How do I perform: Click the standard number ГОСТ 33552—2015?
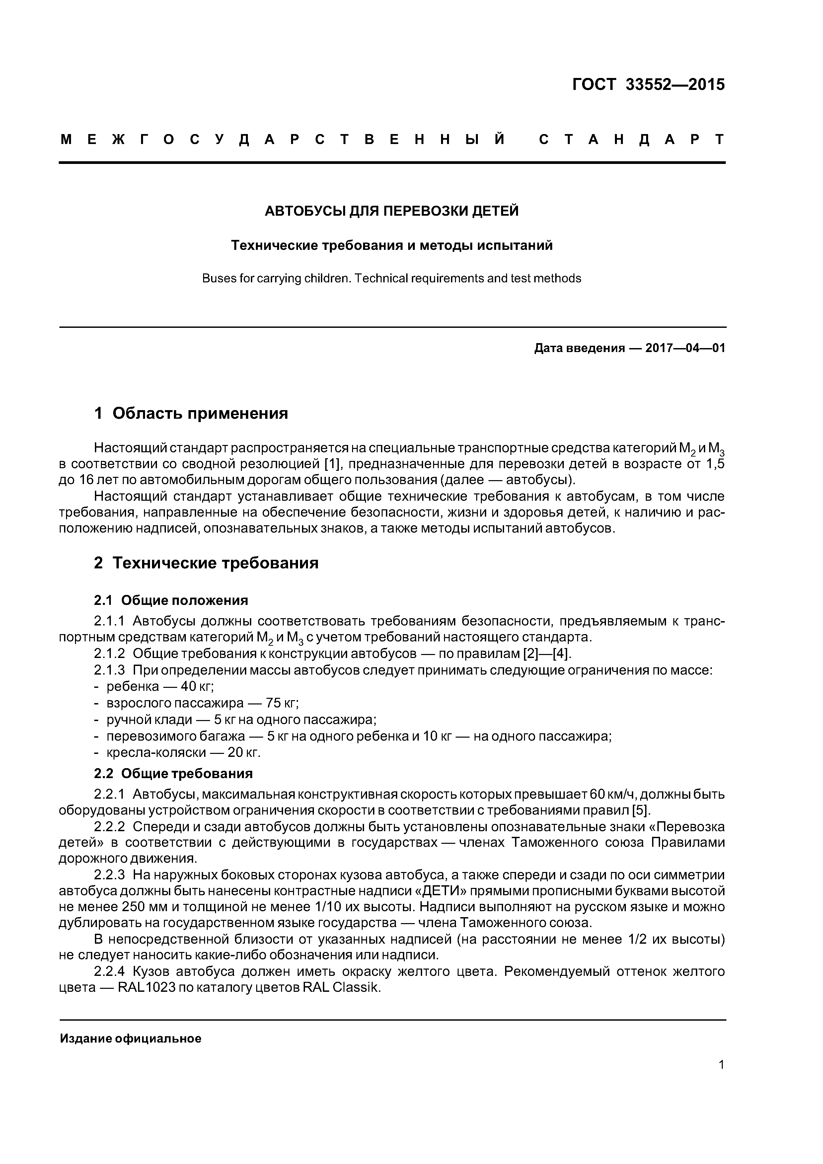648,85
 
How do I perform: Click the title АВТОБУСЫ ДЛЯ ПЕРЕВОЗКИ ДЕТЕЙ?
392,211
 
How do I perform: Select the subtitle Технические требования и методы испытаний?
392,246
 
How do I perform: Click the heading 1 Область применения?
191,414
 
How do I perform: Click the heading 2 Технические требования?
206,563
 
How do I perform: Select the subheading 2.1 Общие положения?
171,601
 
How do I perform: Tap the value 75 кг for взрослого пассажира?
282,704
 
